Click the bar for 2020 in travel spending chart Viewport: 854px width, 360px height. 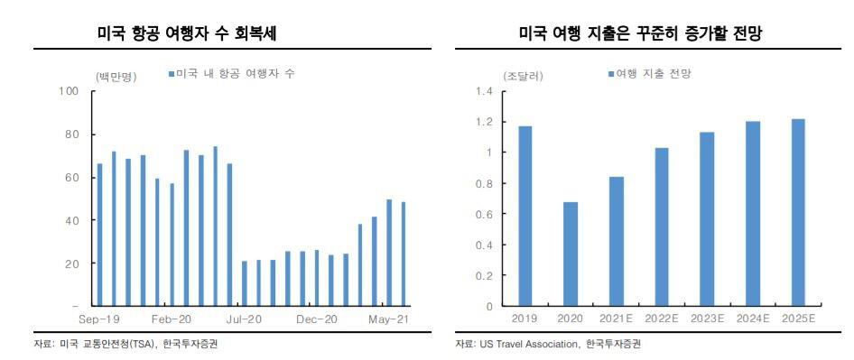pyautogui.click(x=571, y=254)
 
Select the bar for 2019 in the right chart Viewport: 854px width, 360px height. pyautogui.click(x=524, y=216)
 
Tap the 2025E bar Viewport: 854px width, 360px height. pyautogui.click(x=798, y=212)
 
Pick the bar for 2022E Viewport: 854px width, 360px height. pyautogui.click(x=661, y=226)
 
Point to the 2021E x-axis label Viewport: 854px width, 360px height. pyautogui.click(x=616, y=318)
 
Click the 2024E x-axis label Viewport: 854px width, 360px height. pyautogui.click(x=752, y=318)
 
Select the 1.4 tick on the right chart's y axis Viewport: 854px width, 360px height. pyautogui.click(x=486, y=92)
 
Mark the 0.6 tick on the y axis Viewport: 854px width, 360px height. pyautogui.click(x=486, y=214)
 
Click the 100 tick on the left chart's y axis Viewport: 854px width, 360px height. pyautogui.click(x=70, y=91)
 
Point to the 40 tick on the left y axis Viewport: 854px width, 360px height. pyautogui.click(x=72, y=220)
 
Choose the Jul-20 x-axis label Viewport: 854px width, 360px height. pyautogui.click(x=245, y=319)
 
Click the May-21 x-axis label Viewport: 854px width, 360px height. pyautogui.click(x=390, y=319)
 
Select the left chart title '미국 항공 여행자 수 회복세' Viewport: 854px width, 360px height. pyautogui.click(x=186, y=33)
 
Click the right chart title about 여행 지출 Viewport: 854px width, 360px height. pyautogui.click(x=643, y=33)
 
